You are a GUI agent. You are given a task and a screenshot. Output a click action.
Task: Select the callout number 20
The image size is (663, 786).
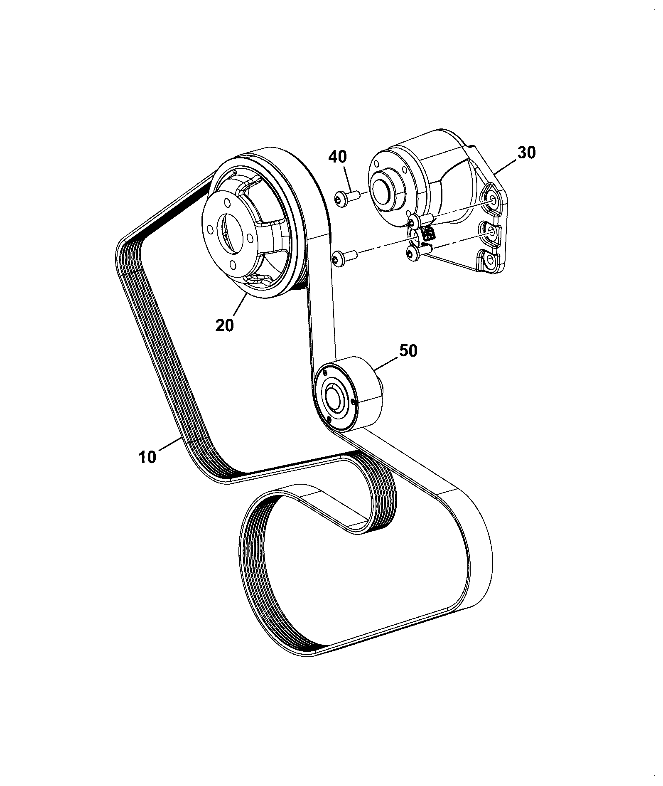[225, 325]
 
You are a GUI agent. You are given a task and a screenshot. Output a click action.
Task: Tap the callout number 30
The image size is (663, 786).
[526, 153]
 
